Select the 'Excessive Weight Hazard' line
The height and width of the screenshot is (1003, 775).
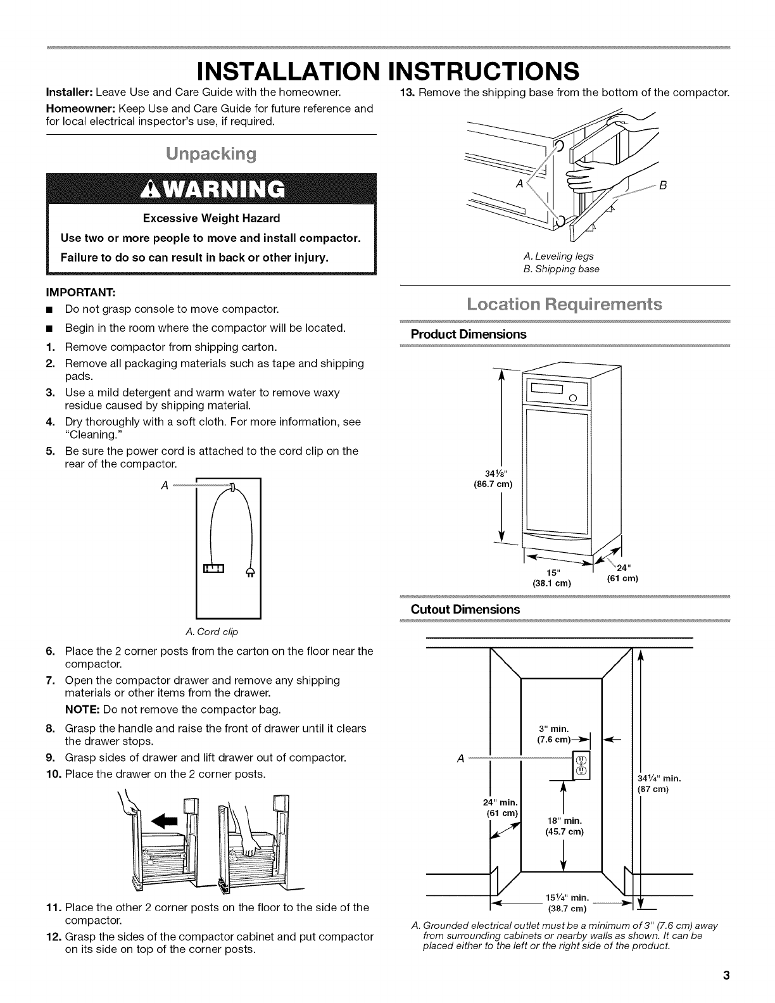(x=211, y=218)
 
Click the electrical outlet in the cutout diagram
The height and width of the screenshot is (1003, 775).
(x=581, y=765)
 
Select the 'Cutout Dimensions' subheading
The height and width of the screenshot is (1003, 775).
(x=465, y=609)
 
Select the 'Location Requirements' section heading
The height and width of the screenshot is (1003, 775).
(x=564, y=304)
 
